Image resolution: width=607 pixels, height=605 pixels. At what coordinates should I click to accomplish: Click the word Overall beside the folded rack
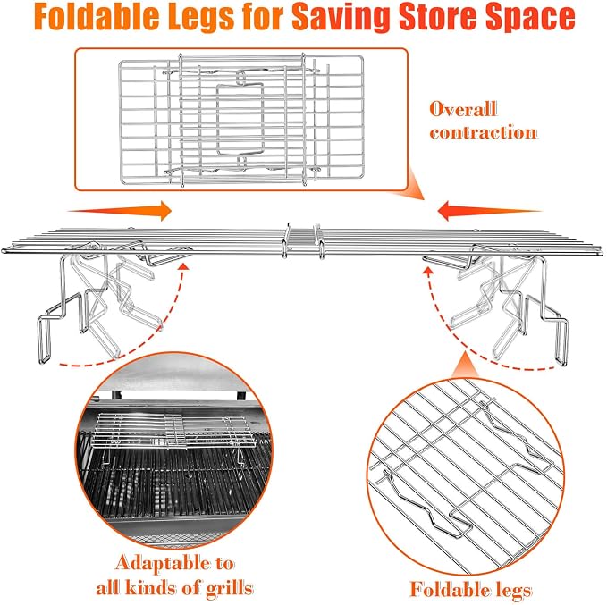[x=463, y=109]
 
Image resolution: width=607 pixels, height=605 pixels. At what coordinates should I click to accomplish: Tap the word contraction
[x=483, y=132]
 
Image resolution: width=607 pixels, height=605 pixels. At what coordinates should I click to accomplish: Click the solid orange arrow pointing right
[x=120, y=211]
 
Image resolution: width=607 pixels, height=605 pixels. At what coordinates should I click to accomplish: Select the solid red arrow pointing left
[x=489, y=211]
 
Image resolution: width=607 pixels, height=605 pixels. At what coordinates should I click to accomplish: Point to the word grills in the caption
[x=229, y=589]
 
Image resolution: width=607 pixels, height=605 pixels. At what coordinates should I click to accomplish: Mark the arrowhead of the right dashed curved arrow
[x=428, y=271]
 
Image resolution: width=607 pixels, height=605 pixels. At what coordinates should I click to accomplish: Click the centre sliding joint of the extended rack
[x=304, y=241]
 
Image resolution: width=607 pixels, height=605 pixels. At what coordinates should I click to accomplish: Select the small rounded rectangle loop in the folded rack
[x=240, y=119]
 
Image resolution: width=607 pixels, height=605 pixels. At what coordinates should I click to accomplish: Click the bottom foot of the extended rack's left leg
[x=44, y=340]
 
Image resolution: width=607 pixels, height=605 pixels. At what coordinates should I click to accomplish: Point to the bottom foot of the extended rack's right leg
[x=561, y=341]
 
